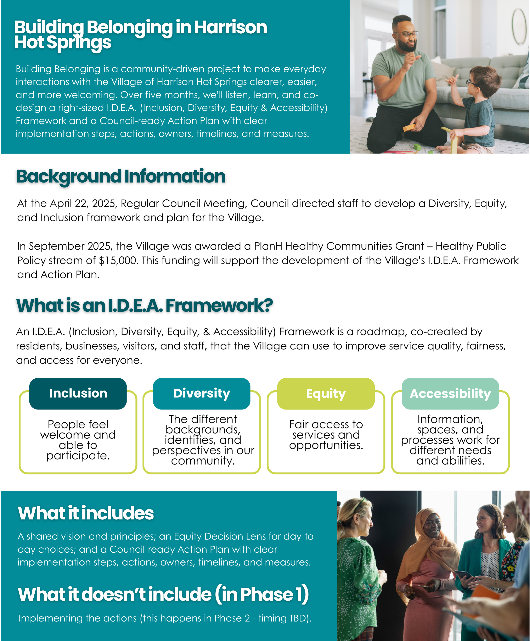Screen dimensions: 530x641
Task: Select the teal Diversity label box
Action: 202,394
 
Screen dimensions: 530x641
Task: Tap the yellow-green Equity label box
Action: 326,394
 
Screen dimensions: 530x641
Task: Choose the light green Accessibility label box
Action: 450,394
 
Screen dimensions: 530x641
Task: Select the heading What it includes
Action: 86,513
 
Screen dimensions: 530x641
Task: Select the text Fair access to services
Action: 326,429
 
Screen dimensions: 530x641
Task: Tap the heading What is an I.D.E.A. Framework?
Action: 144,306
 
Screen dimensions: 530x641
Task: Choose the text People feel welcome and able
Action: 78,435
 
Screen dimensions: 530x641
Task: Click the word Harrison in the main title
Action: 231,27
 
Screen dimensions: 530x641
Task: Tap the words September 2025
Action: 69,246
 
